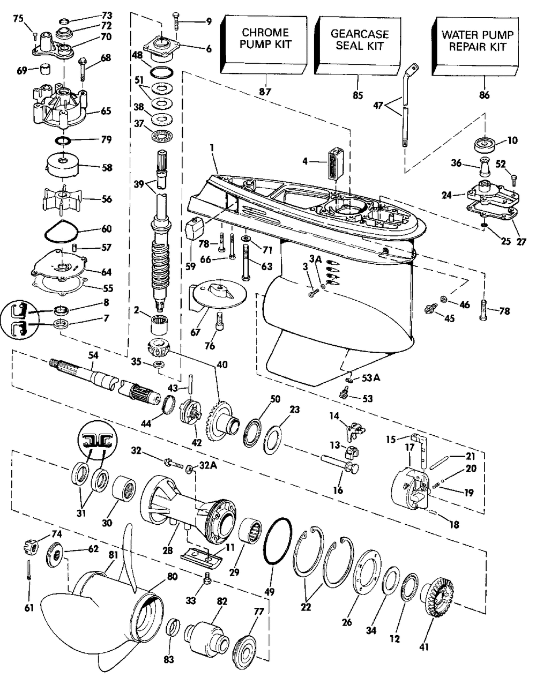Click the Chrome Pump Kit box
pos(264,46)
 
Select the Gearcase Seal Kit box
pos(358,46)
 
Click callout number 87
pos(265,92)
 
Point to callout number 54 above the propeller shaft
pos(93,355)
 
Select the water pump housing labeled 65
pos(60,105)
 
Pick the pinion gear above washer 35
pos(159,347)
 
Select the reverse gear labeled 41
pos(436,587)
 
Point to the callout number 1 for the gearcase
pos(213,147)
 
